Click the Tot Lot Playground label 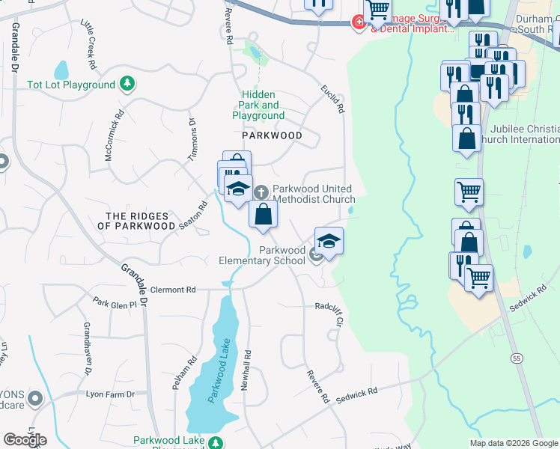click(x=70, y=85)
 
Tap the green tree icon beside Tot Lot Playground click(x=128, y=83)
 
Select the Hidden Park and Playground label click(x=258, y=106)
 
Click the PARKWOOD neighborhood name click(x=272, y=136)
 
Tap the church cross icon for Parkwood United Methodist click(x=262, y=192)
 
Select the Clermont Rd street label click(x=173, y=290)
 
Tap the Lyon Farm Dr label click(x=109, y=394)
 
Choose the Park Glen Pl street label click(x=115, y=303)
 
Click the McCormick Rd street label click(x=114, y=136)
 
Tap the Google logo click(x=25, y=439)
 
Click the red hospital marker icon click(x=359, y=23)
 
